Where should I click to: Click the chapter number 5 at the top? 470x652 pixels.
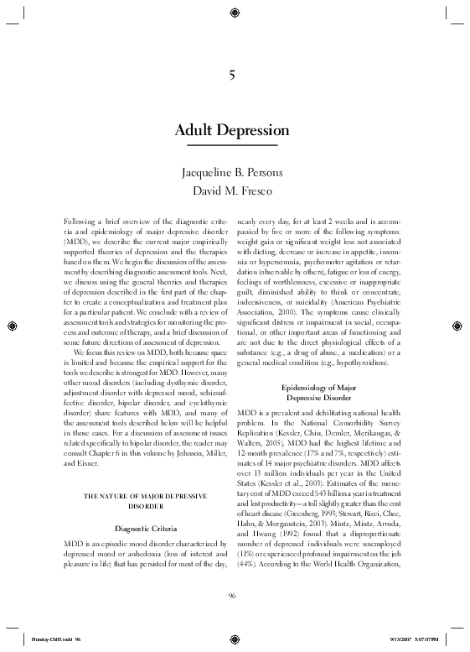[x=231, y=77]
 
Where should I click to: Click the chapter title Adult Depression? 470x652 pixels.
[x=231, y=132]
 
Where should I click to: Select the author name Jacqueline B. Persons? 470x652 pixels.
[x=231, y=173]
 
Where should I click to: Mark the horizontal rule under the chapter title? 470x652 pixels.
[x=231, y=148]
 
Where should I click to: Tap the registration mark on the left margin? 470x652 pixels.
[x=10, y=325]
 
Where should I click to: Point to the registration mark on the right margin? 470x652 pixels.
[x=459, y=325]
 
